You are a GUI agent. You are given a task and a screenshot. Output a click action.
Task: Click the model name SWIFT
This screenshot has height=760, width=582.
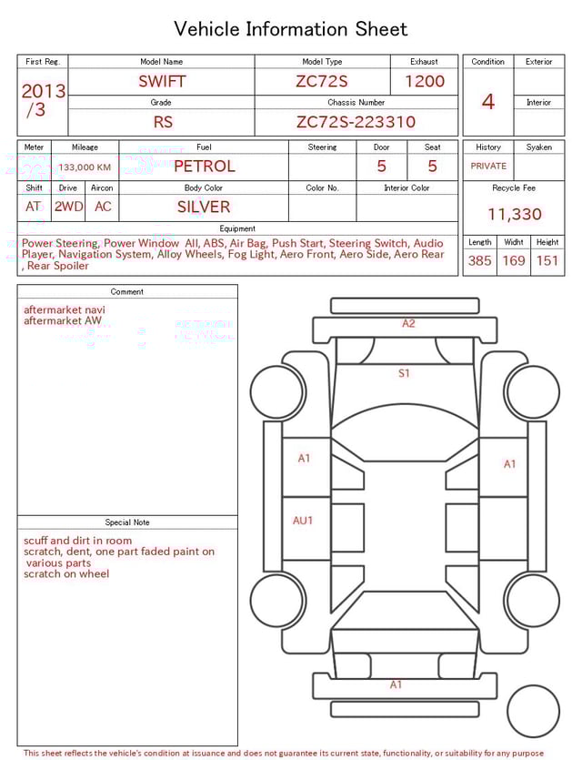[x=162, y=81]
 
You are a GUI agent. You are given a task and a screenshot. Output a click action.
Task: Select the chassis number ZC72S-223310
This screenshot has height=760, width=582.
[x=356, y=122]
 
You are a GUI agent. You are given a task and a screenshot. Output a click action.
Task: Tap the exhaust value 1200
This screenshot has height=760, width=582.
[x=425, y=81]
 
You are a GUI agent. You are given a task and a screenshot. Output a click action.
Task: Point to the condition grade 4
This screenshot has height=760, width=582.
[x=488, y=101]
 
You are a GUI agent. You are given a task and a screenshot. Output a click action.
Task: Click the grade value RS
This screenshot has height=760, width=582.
[x=162, y=122]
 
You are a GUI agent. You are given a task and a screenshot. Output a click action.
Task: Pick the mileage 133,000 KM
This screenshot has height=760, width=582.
[x=85, y=167]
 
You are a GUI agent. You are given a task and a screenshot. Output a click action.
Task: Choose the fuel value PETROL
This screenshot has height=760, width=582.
[x=204, y=167]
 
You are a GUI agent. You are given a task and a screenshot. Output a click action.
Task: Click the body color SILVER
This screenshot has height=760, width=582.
[x=204, y=207]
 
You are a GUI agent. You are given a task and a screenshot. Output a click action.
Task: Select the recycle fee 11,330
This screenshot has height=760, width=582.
[x=514, y=215]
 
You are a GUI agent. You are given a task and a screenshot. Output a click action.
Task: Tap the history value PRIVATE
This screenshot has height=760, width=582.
[x=488, y=167]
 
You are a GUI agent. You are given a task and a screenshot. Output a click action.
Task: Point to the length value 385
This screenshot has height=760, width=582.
[x=479, y=261]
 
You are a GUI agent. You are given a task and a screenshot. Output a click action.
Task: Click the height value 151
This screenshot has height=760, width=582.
[x=547, y=261]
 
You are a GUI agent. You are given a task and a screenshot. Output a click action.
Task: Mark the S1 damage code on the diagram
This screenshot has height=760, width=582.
[x=404, y=373]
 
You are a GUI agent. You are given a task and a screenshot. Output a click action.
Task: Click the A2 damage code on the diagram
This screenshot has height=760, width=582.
[x=408, y=323]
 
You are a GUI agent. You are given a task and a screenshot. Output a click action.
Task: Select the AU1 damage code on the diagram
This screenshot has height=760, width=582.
[x=303, y=521]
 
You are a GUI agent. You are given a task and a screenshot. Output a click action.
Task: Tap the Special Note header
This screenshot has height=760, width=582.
[x=127, y=522]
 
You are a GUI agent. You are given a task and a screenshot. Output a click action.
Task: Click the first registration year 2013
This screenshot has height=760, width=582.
[x=43, y=91]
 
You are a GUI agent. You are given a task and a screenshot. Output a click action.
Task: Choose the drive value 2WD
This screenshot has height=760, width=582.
[x=68, y=207]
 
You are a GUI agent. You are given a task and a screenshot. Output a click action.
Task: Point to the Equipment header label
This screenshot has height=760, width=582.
[x=237, y=228]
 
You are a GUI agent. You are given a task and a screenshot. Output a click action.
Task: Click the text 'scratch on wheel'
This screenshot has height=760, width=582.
[x=66, y=574]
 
